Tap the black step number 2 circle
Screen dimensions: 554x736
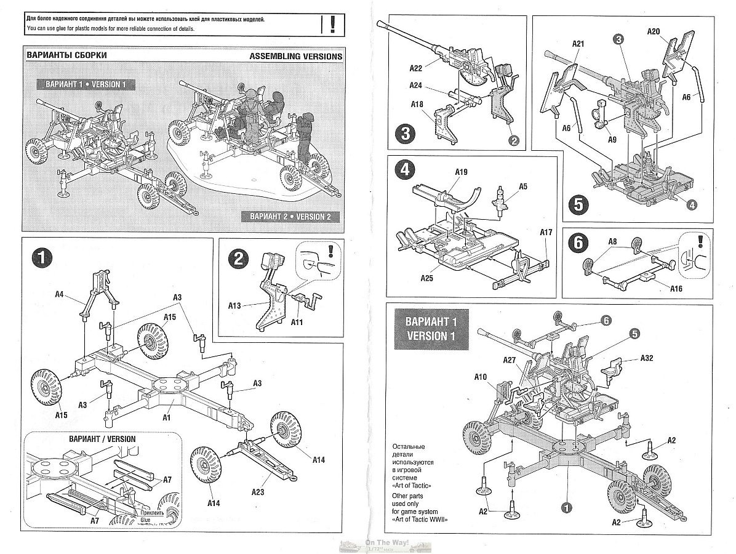point(237,260)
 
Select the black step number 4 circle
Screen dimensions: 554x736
point(404,170)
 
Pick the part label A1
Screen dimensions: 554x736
point(166,417)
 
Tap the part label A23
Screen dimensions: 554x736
point(258,491)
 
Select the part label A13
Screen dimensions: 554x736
point(235,305)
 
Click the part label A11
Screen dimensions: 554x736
point(297,322)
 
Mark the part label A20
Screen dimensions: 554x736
point(654,31)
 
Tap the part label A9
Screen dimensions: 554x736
point(611,140)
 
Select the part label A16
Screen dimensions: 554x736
point(658,288)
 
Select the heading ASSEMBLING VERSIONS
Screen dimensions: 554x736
point(296,56)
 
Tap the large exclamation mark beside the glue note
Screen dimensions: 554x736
point(332,24)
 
